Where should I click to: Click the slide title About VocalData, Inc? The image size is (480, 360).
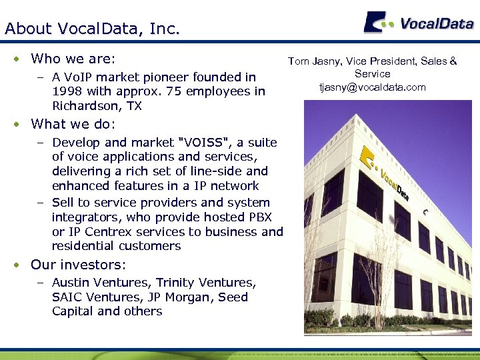92,29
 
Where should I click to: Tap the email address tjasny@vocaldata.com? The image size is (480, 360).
372,87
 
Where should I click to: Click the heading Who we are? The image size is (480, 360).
73,59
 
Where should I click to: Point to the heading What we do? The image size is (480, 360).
73,124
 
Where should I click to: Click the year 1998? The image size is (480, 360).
68,91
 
